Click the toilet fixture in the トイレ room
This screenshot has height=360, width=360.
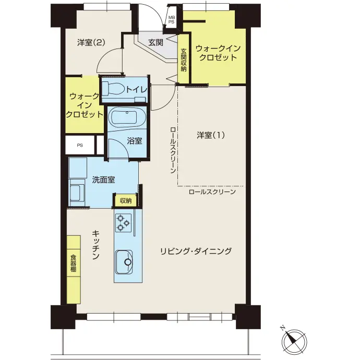(113, 89)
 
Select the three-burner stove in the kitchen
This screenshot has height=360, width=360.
(123, 223)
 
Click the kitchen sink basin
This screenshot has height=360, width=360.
(124, 261)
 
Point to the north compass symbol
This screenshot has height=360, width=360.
(294, 340)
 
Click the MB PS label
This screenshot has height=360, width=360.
(171, 20)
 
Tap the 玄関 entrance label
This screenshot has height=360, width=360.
(155, 42)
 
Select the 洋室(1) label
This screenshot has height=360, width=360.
(211, 135)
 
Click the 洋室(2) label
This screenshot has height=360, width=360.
(91, 42)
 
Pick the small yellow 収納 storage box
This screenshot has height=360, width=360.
(126, 201)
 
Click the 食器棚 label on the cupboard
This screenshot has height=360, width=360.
(73, 263)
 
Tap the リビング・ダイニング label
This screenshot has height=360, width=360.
(196, 251)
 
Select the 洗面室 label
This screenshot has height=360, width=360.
(103, 179)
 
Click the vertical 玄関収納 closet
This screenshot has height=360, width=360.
(184, 59)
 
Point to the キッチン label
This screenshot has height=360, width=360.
(96, 245)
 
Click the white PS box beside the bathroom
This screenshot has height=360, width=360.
(80, 145)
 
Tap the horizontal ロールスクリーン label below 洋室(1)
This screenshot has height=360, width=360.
(212, 191)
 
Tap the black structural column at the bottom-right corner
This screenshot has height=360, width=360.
(248, 317)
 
